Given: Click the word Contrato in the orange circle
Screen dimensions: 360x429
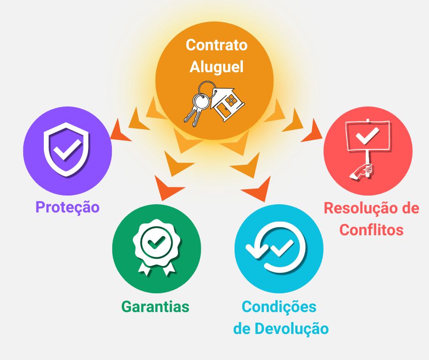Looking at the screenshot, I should pos(216,45).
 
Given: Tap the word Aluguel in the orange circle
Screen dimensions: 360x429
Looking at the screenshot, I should pos(216,67).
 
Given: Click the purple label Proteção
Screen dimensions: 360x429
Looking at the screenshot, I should pos(67,207).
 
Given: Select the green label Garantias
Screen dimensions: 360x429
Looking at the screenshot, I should pos(155,307).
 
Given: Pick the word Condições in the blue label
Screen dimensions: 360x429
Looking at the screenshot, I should pos(278,307).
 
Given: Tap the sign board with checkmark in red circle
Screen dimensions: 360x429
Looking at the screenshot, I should pos(367,137).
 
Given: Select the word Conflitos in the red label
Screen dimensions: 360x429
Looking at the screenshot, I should pos(371,229).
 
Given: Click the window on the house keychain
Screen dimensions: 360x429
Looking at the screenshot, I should pos(231,98).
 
